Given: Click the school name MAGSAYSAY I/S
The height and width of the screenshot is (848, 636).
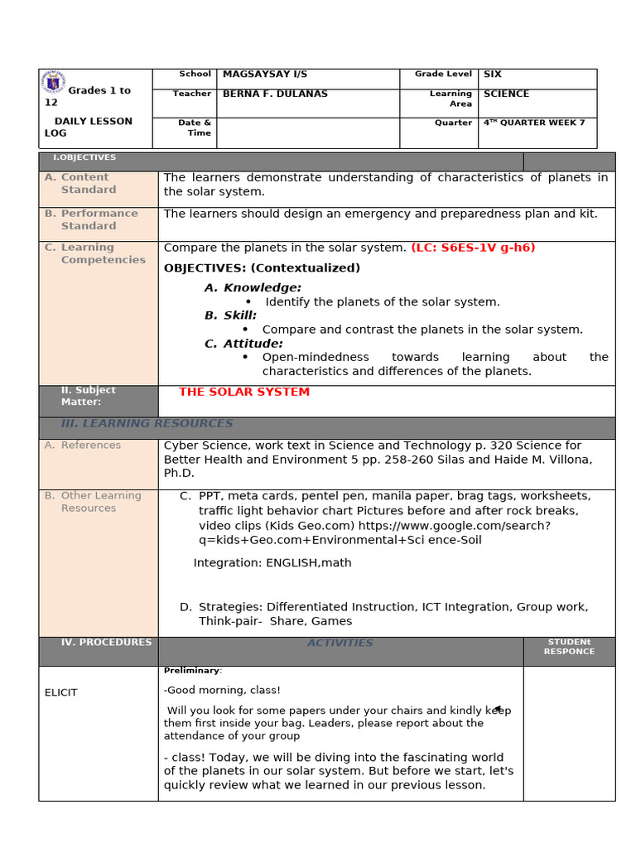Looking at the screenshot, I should (253, 75).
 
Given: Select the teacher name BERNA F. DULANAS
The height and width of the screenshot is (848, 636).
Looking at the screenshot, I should (275, 94).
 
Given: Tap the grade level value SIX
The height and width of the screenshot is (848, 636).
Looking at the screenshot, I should (493, 75).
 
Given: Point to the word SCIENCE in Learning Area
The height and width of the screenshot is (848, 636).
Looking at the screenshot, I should (506, 94).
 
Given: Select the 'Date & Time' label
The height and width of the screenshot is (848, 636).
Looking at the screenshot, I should (195, 128).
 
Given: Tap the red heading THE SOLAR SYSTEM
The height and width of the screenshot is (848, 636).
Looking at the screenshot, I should (244, 392).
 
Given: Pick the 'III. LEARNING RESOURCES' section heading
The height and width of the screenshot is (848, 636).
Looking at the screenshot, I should (147, 424).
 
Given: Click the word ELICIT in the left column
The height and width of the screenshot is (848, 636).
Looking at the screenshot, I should (60, 692).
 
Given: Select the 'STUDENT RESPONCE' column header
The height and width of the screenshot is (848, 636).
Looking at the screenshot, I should (569, 647).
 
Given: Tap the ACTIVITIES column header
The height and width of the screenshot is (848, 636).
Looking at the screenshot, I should (340, 643).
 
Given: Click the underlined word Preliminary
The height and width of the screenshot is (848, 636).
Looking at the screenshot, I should (192, 670).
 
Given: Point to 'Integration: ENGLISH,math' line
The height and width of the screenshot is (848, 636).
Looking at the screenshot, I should (272, 563).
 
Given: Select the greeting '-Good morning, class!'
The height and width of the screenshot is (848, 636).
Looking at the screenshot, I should (222, 690).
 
